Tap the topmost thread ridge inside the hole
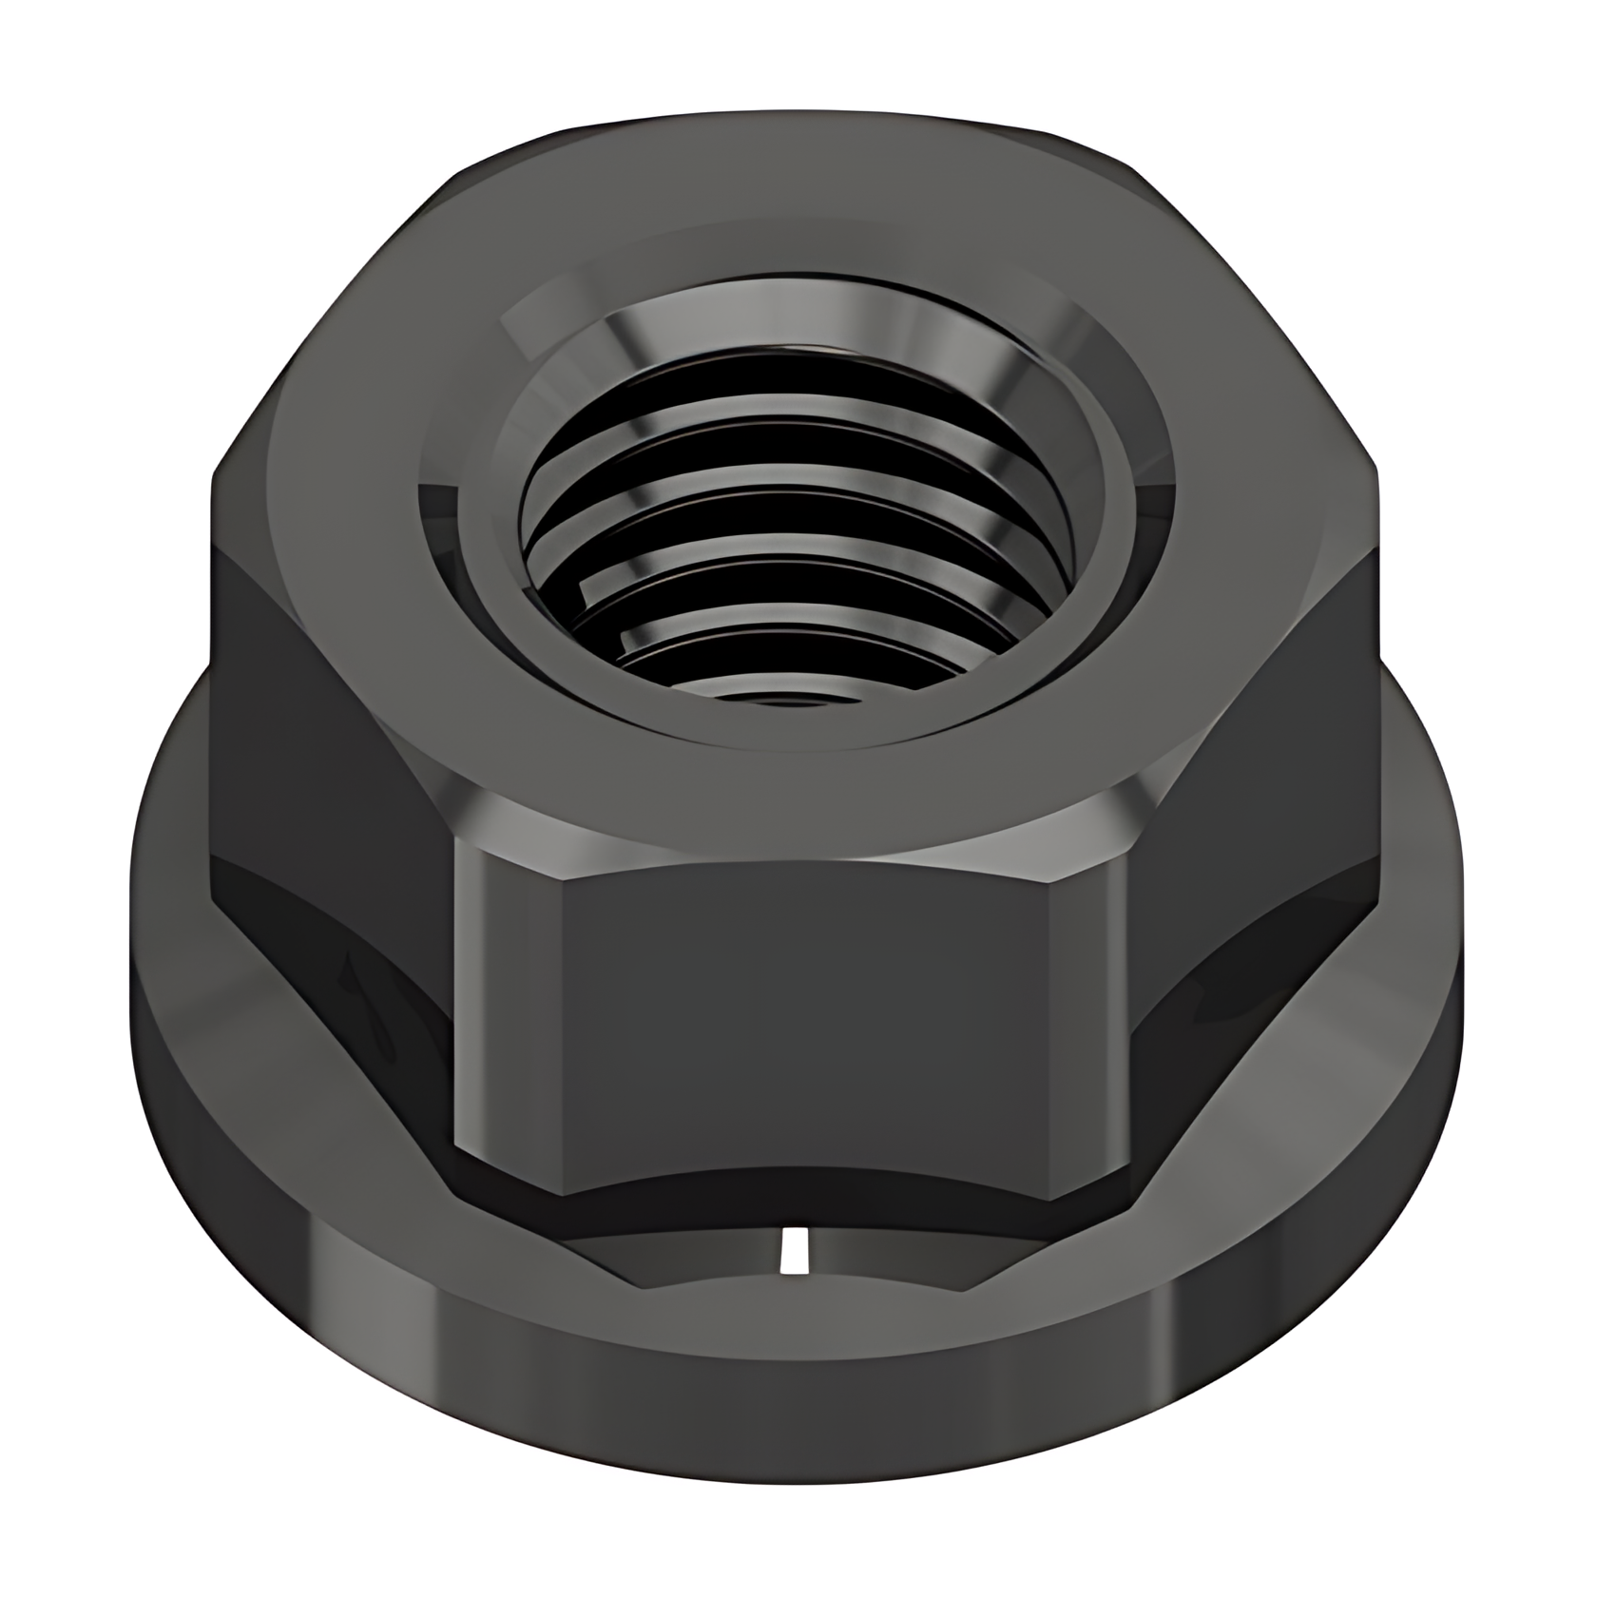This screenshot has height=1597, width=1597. (789, 380)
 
